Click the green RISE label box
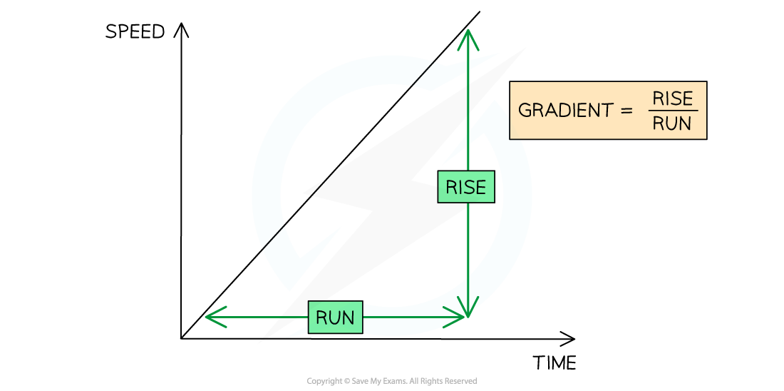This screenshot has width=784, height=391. tap(466, 187)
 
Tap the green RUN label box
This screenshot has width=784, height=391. tap(335, 318)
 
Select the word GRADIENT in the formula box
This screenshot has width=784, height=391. tap(565, 111)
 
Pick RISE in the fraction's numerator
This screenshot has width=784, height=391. tap(673, 98)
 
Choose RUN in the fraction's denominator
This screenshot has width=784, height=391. tap(673, 123)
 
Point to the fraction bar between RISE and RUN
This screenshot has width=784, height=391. tap(673, 111)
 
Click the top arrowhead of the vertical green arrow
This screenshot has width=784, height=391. tap(468, 31)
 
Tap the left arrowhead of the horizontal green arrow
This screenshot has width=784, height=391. tap(208, 317)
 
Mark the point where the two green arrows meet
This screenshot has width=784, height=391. tap(468, 316)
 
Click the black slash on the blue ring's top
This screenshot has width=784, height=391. tap(423, 74)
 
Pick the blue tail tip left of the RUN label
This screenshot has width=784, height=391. tap(289, 336)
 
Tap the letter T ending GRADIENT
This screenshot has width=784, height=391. tap(607, 111)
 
